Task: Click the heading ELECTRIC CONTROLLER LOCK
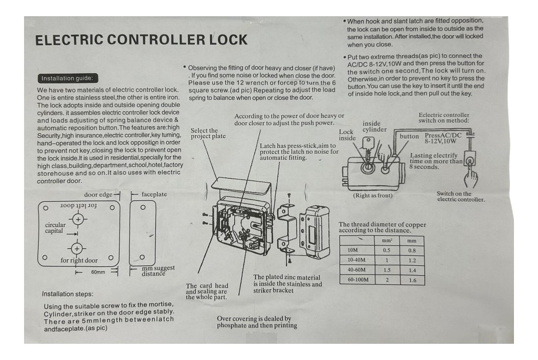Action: pos(141,40)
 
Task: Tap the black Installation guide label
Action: pos(69,79)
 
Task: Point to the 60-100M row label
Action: pos(358,280)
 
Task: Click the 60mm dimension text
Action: pos(98,272)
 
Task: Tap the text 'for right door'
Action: pos(79,260)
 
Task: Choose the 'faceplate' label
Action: pos(154,194)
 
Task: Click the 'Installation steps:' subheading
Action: pos(67,294)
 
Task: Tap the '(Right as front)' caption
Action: pos(373,195)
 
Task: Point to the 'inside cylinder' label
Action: pos(375,127)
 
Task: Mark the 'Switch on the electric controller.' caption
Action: pos(461,196)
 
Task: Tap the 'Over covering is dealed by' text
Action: pos(254,319)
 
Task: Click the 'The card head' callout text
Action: pos(207,286)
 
